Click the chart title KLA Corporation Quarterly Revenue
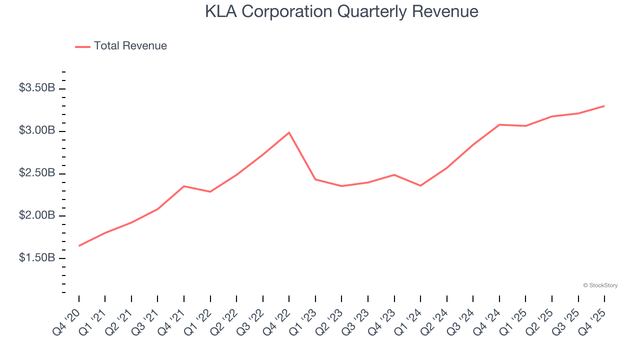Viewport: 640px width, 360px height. click(x=341, y=11)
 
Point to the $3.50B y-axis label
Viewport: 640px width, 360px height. click(x=37, y=88)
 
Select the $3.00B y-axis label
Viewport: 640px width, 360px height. click(x=37, y=130)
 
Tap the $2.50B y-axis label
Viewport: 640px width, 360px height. click(x=37, y=173)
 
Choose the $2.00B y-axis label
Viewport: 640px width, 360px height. click(x=37, y=215)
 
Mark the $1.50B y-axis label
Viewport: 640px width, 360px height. click(x=37, y=258)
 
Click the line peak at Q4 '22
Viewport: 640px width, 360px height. click(x=289, y=132)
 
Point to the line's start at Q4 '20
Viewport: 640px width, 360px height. click(x=79, y=245)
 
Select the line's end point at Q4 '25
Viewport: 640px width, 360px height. click(x=604, y=106)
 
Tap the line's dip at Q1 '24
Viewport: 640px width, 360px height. click(x=420, y=185)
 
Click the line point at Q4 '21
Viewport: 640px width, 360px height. click(x=184, y=186)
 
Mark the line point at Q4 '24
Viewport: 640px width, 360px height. click(x=499, y=124)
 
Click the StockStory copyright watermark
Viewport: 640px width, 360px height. click(x=600, y=285)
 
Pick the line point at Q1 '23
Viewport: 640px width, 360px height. click(x=315, y=179)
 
